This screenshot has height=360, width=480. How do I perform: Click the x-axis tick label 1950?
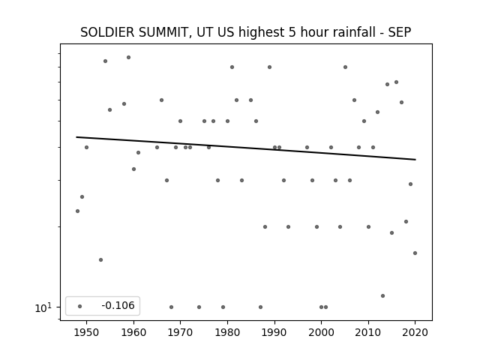tap(87, 332)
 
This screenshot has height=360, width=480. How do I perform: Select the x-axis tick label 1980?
tap(227, 332)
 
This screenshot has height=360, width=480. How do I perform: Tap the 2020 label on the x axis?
tap(415, 332)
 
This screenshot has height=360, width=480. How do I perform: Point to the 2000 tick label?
tap(322, 332)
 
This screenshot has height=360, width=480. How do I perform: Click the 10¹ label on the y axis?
tap(43, 307)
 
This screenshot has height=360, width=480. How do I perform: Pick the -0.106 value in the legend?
tap(118, 305)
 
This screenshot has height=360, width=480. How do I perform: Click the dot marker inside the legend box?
tap(80, 306)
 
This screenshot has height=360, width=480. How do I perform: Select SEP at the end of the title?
tap(400, 32)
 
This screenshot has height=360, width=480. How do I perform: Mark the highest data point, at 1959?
tap(128, 57)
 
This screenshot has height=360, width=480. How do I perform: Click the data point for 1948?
tap(77, 211)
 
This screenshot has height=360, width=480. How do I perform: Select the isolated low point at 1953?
tap(100, 260)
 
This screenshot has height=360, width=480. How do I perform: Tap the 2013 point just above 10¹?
tap(382, 295)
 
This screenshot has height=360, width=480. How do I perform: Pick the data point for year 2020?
tap(415, 253)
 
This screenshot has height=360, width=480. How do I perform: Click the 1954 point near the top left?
tap(105, 61)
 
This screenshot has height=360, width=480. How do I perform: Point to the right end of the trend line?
tap(415, 160)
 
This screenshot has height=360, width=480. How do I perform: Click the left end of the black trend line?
tap(76, 136)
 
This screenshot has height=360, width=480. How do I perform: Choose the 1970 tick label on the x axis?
tap(181, 332)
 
